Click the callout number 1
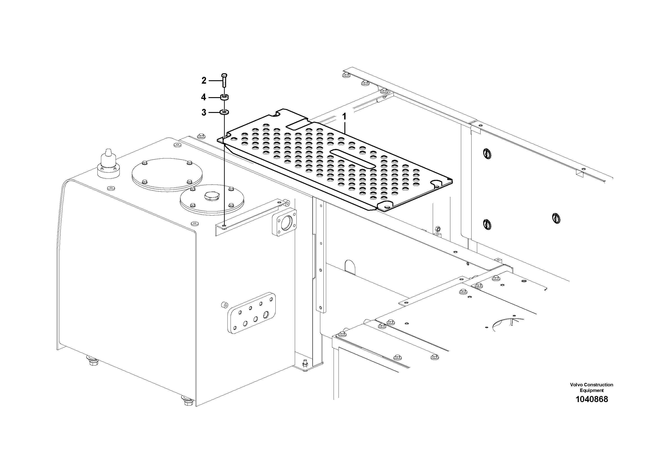coord(344,117)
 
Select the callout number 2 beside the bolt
coord(204,80)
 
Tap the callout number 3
coord(204,112)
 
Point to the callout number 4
coord(204,97)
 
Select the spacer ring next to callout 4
coord(224,97)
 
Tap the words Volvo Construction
coord(591,385)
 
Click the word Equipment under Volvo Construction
coord(591,390)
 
